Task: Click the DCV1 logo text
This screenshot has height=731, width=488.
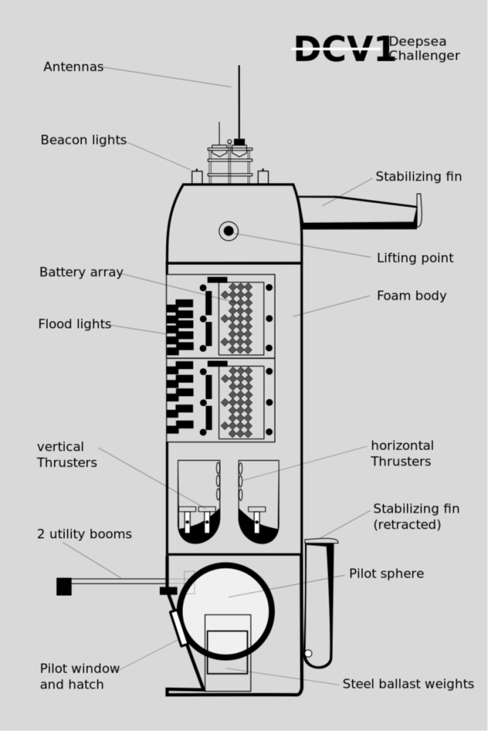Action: coord(343,49)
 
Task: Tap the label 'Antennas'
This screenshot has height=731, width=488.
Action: coord(73,67)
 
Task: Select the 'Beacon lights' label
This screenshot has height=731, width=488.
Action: coord(83,140)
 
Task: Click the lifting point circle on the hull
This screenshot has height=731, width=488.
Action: coord(229,231)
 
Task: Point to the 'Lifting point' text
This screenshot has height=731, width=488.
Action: coord(415,258)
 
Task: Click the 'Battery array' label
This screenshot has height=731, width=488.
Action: coord(81,272)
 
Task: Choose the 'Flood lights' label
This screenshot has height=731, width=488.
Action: coord(74,324)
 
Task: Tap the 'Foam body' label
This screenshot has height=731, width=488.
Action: coord(412,296)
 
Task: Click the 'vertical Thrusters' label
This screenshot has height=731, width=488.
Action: coord(66,454)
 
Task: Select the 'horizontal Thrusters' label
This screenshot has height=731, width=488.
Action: coord(402,454)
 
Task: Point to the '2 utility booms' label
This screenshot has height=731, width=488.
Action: coord(84,534)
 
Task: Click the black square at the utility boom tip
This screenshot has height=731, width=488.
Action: coord(64,587)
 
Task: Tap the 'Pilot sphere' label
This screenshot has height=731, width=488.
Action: coord(386,574)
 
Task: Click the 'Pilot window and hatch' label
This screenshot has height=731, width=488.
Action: coord(79,677)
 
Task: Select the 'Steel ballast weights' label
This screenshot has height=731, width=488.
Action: coord(408,684)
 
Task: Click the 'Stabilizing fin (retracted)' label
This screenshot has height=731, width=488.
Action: coord(416,517)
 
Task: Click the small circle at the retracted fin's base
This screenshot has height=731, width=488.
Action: coord(308,653)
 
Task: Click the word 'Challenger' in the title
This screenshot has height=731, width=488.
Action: coord(424,56)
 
